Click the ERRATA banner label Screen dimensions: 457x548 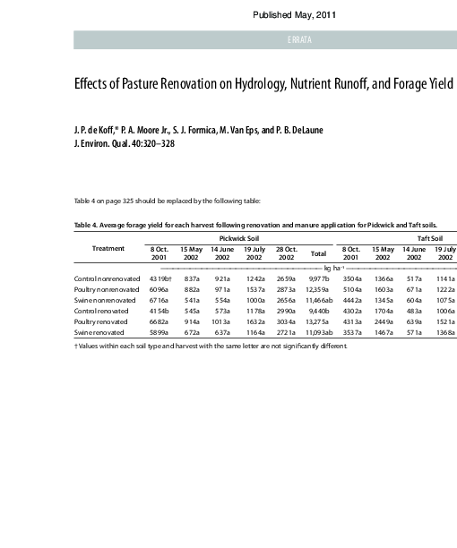click(x=299, y=39)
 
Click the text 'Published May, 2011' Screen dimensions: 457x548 click(x=294, y=15)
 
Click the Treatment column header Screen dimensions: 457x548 click(x=108, y=248)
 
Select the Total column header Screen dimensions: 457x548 click(x=318, y=253)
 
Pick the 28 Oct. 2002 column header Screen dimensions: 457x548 click(x=286, y=253)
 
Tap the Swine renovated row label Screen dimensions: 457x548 click(x=100, y=332)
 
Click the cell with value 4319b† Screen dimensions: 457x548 click(x=160, y=279)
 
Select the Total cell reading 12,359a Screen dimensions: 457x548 click(x=318, y=290)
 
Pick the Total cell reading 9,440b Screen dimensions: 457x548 click(x=319, y=311)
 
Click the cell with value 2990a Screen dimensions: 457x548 click(x=286, y=311)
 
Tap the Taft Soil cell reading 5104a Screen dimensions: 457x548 click(x=350, y=290)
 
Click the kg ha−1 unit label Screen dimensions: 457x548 click(x=333, y=267)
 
